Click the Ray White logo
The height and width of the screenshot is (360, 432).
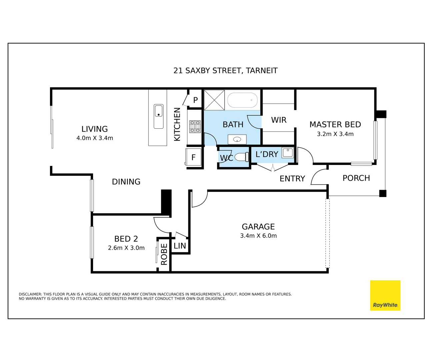[385, 295]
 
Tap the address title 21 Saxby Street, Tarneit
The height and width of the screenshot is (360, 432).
[225, 71]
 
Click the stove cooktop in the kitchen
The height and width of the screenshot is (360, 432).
[195, 127]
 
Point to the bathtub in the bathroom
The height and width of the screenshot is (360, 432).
[242, 100]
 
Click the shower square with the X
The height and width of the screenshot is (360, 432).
[214, 100]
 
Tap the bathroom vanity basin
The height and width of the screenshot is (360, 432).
[237, 139]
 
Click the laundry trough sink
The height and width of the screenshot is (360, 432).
[288, 153]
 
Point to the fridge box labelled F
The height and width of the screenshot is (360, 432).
[193, 157]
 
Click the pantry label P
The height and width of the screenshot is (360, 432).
[195, 100]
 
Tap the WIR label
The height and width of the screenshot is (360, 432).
[279, 120]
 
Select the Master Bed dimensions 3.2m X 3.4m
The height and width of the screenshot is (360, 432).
[335, 134]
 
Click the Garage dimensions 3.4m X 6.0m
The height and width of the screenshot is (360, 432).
[258, 236]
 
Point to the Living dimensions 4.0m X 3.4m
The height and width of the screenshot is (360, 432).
[95, 138]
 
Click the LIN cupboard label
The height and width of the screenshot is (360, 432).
[180, 246]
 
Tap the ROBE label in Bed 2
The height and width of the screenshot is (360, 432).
[164, 254]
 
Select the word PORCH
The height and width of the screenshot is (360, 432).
[356, 178]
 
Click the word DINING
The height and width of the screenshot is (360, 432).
[126, 182]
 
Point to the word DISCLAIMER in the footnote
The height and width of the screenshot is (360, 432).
[30, 294]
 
